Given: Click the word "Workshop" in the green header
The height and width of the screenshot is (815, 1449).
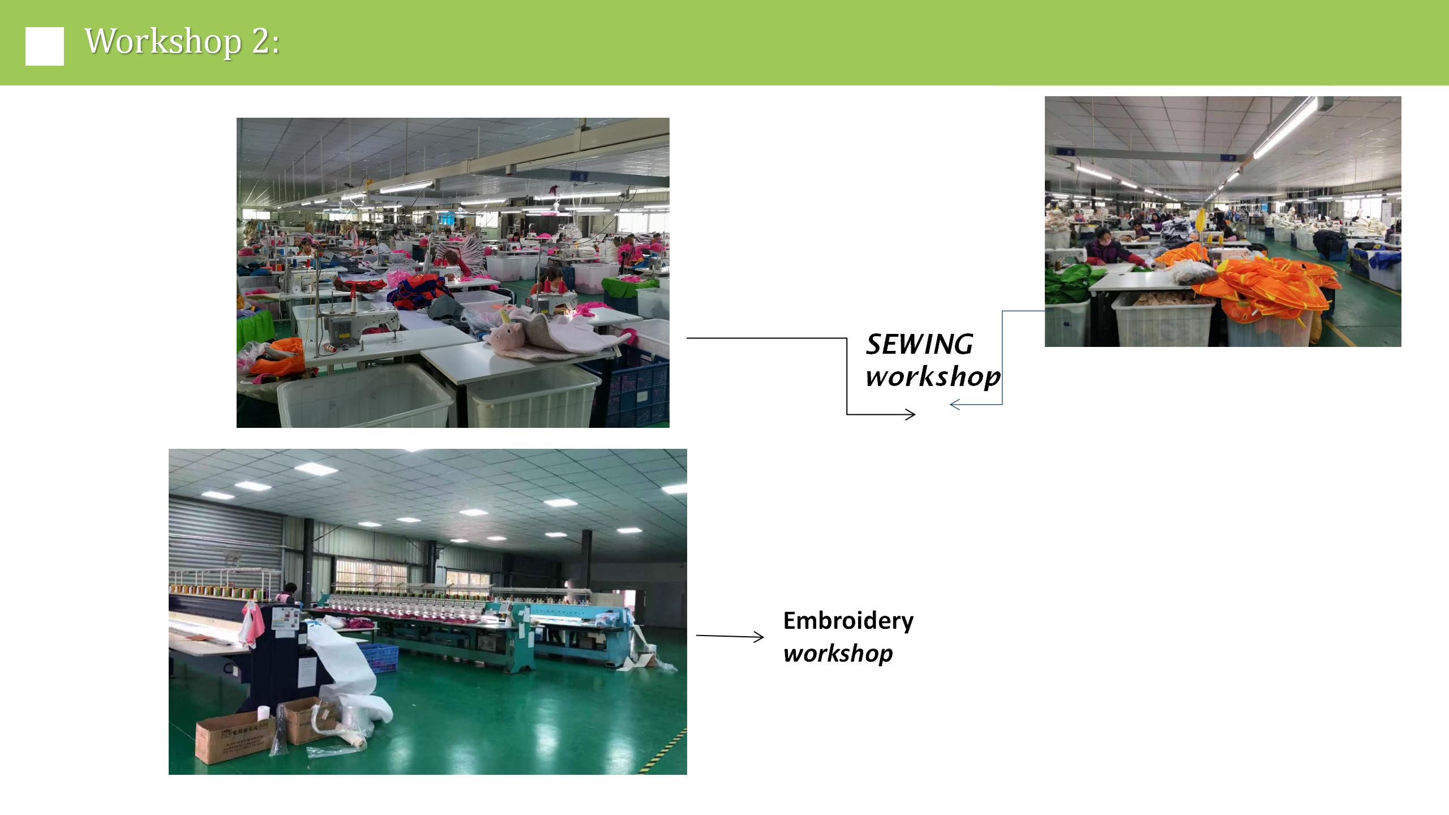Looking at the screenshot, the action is click(163, 41).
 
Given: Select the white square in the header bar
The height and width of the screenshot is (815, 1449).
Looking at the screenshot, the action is click(45, 46).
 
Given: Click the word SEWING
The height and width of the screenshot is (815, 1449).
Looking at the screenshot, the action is click(919, 344).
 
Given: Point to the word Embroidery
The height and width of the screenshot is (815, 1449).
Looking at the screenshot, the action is click(848, 621).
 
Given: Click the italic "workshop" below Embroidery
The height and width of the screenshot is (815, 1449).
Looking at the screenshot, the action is click(838, 654).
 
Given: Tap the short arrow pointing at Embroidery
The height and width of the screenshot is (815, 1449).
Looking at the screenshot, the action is click(730, 637).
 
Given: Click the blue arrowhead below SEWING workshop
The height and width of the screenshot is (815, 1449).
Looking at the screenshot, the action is click(955, 405).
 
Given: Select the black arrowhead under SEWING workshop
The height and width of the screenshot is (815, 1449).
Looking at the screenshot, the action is click(910, 415).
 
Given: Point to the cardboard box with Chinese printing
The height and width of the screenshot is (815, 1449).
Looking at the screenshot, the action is click(235, 739).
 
